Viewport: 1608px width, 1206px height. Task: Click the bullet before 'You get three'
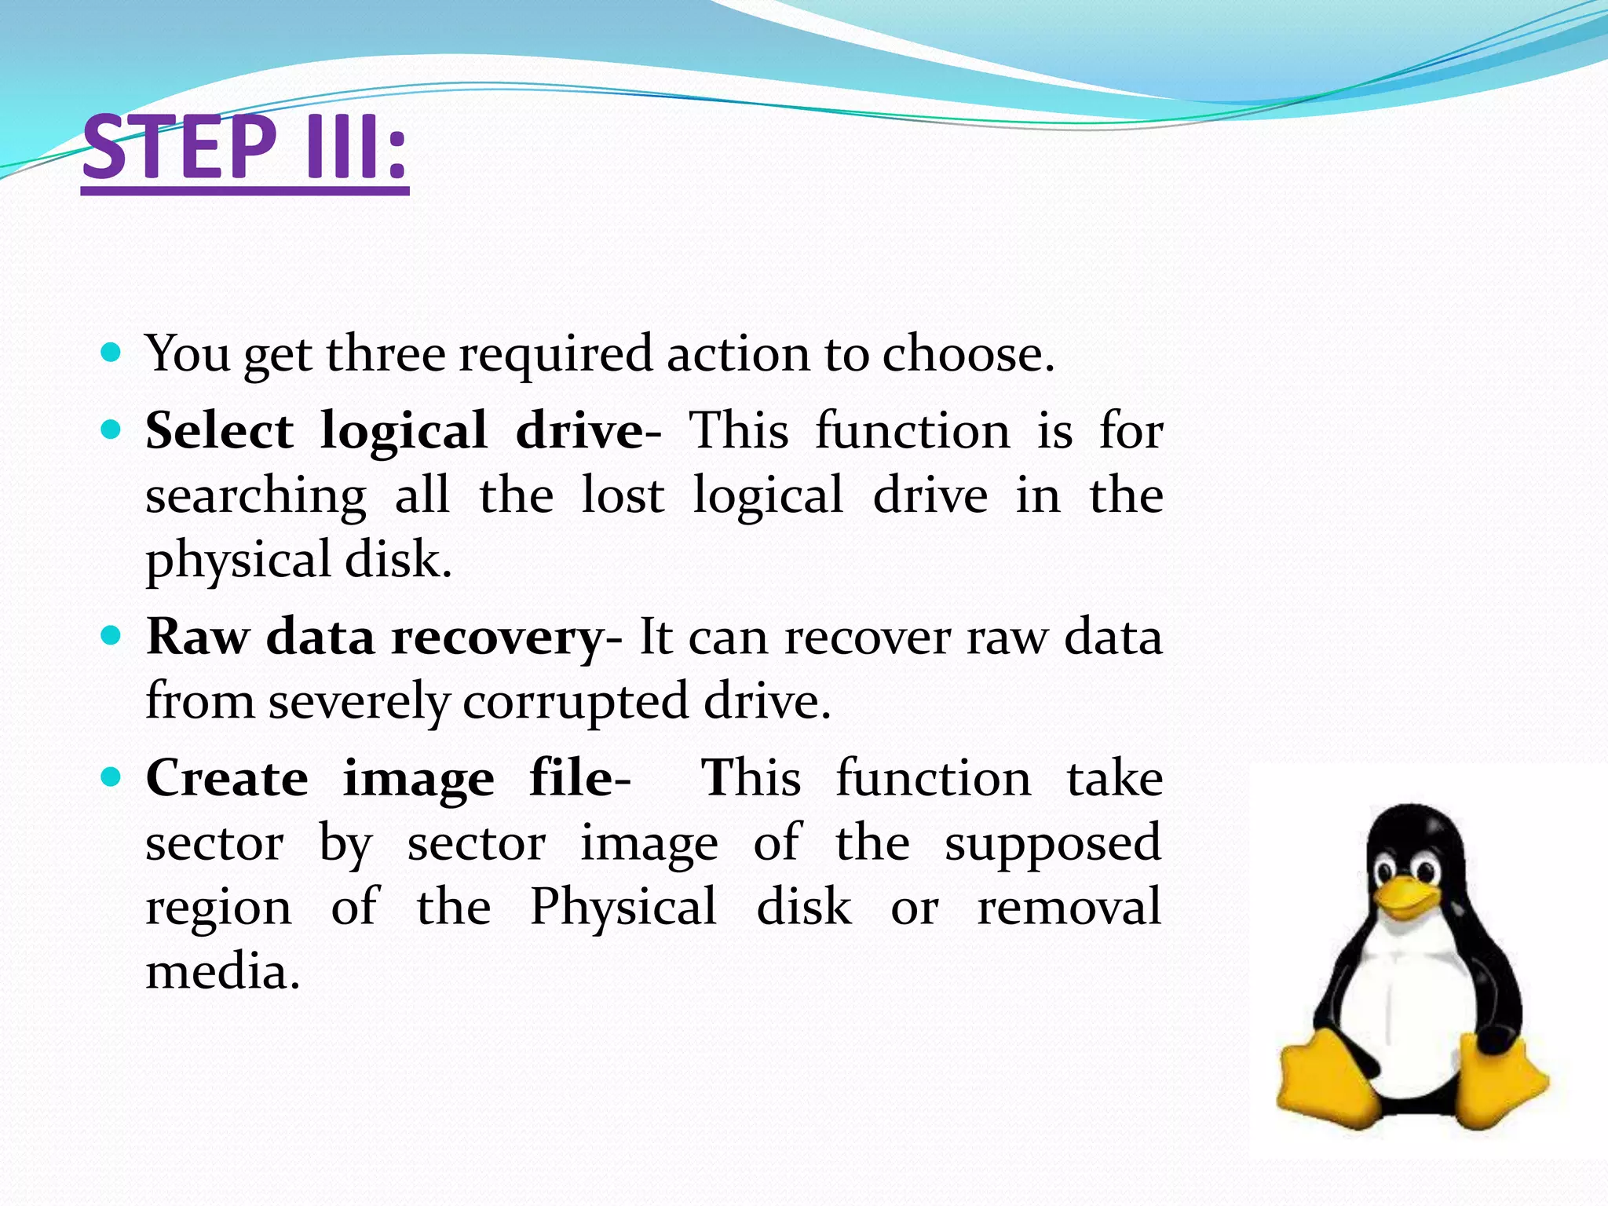tap(111, 352)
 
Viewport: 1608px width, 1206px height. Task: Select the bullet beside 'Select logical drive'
tap(111, 430)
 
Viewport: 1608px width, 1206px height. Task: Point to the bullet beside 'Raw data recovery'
tap(111, 635)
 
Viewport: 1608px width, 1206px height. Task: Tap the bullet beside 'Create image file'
tap(111, 777)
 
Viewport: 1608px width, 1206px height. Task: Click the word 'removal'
tap(1069, 907)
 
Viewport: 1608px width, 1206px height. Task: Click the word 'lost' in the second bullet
tap(623, 495)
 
